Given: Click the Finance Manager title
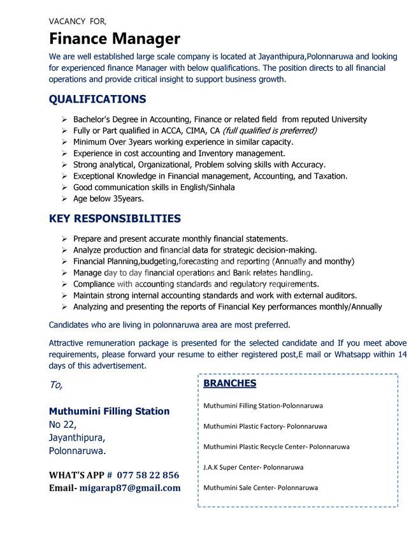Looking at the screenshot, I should (115, 39).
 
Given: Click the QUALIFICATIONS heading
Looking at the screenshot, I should (97, 99).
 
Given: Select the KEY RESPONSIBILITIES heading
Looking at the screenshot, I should (115, 218).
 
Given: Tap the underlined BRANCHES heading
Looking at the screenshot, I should (229, 383).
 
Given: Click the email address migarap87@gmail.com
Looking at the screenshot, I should (130, 488).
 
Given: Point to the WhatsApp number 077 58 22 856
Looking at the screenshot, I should (148, 475).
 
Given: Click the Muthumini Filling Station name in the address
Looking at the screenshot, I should (109, 411).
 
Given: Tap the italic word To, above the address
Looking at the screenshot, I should (56, 385).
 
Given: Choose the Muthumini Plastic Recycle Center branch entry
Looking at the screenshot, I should (276, 447).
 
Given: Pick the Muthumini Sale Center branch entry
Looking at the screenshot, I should (260, 488).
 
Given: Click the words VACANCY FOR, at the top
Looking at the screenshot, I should (78, 21).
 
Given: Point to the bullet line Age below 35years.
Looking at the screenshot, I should (108, 198).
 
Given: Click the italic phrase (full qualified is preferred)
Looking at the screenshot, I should (269, 131).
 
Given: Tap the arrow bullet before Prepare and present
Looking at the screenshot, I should (64, 238).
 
